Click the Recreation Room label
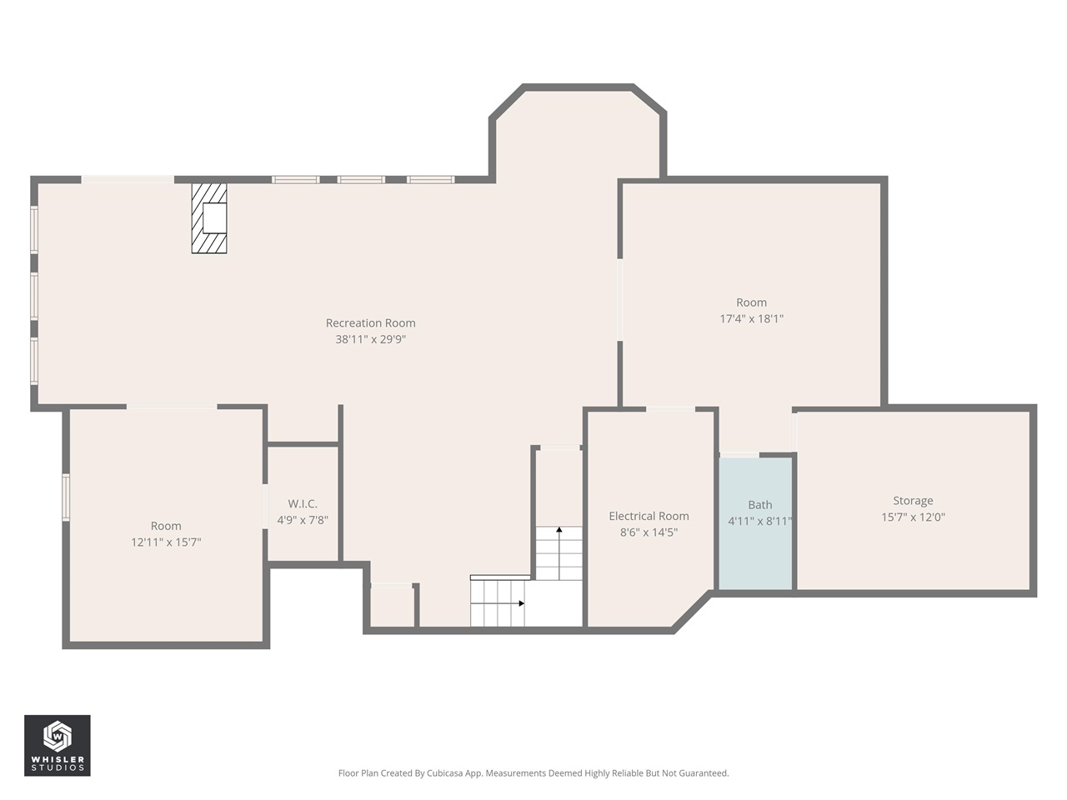click(370, 323)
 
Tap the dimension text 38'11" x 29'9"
click(370, 339)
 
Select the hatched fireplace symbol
click(209, 218)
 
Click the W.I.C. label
click(303, 504)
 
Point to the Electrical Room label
click(649, 517)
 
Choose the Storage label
click(913, 501)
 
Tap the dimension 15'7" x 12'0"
click(913, 517)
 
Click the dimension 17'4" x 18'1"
click(751, 318)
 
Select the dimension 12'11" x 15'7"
click(166, 542)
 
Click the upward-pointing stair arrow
click(559, 530)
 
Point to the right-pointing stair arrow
click(521, 602)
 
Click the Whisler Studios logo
click(58, 745)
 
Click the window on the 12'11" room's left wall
click(66, 497)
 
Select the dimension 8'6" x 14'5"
click(649, 532)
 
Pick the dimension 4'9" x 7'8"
click(303, 520)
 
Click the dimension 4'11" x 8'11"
click(759, 521)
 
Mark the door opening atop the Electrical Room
click(670, 409)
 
